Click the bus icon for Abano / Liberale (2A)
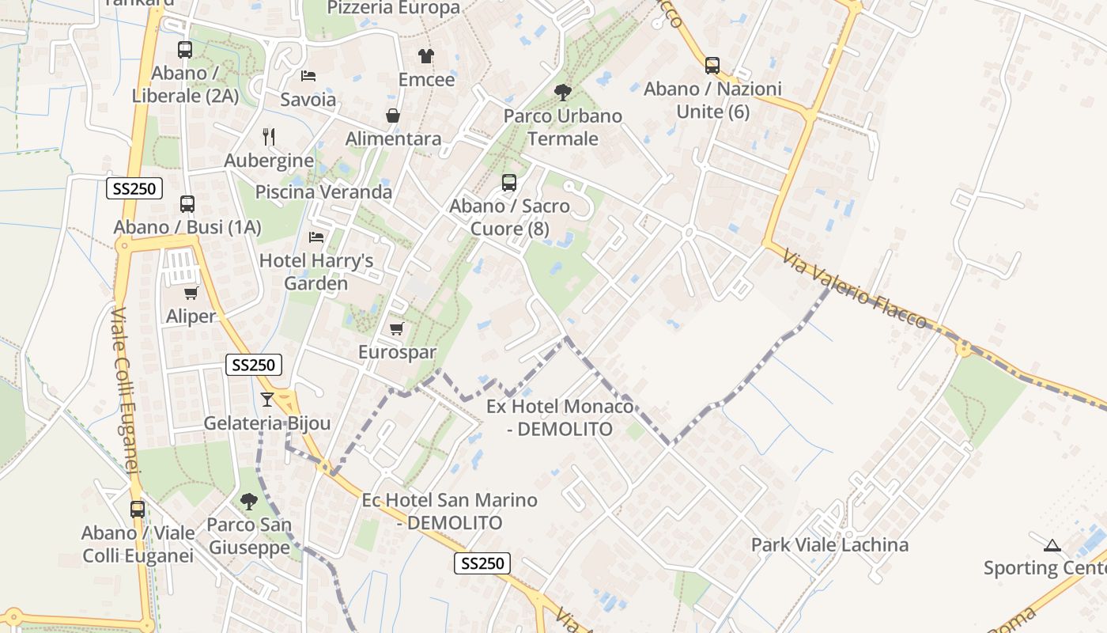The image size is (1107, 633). [x=185, y=50]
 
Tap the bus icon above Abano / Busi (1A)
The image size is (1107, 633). [x=187, y=204]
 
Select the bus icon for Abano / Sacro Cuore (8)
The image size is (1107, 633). [x=509, y=183]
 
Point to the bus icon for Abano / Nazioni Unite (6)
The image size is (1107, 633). [x=712, y=66]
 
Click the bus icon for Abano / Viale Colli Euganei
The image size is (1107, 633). [x=138, y=509]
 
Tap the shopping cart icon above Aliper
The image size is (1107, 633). [x=191, y=293]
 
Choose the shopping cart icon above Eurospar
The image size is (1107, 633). [x=397, y=328]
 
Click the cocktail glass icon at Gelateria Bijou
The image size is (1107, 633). [x=267, y=400]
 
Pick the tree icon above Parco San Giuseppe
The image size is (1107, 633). [x=248, y=501]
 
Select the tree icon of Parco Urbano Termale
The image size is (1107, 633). [x=563, y=93]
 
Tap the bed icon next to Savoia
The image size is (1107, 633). [x=308, y=76]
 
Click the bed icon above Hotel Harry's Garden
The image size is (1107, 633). [x=316, y=237]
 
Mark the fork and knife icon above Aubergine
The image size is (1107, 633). [x=269, y=137]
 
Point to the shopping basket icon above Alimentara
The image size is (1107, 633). [x=393, y=116]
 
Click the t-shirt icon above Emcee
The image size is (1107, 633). [x=426, y=56]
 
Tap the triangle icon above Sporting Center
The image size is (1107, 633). [x=1052, y=544]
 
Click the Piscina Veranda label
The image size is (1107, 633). [x=323, y=191]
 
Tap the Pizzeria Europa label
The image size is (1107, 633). [x=393, y=8]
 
